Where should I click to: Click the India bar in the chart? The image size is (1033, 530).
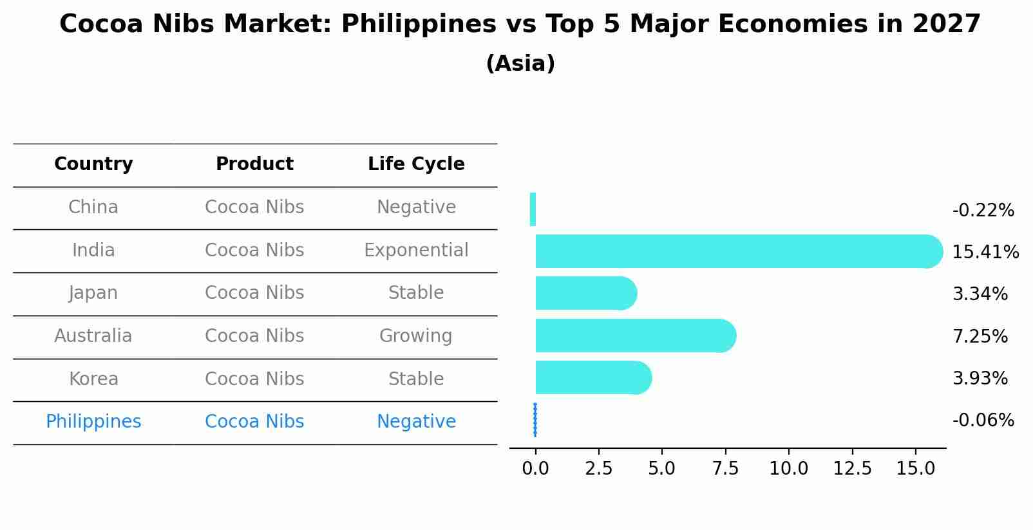point(734,251)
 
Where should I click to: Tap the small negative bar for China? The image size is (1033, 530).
point(533,209)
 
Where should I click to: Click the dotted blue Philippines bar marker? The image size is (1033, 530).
point(535,420)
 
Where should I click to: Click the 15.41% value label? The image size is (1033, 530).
point(985,252)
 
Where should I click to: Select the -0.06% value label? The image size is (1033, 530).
point(983,421)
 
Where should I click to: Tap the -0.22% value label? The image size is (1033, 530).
point(983,211)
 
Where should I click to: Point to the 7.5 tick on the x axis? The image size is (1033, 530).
point(725,469)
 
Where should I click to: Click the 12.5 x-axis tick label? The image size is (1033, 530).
point(852,469)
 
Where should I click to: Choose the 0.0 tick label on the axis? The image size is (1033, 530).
point(535,469)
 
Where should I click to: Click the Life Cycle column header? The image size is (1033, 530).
point(416,164)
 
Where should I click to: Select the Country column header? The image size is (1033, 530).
point(93,164)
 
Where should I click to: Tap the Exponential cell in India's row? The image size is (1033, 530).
point(416,251)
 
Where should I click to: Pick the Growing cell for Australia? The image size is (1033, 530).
point(416,336)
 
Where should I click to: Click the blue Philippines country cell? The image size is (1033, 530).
point(93,422)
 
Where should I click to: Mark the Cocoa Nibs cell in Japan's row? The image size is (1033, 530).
point(254,293)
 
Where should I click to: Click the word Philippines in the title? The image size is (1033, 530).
point(419,24)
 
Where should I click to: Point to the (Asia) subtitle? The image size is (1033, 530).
point(520,64)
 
